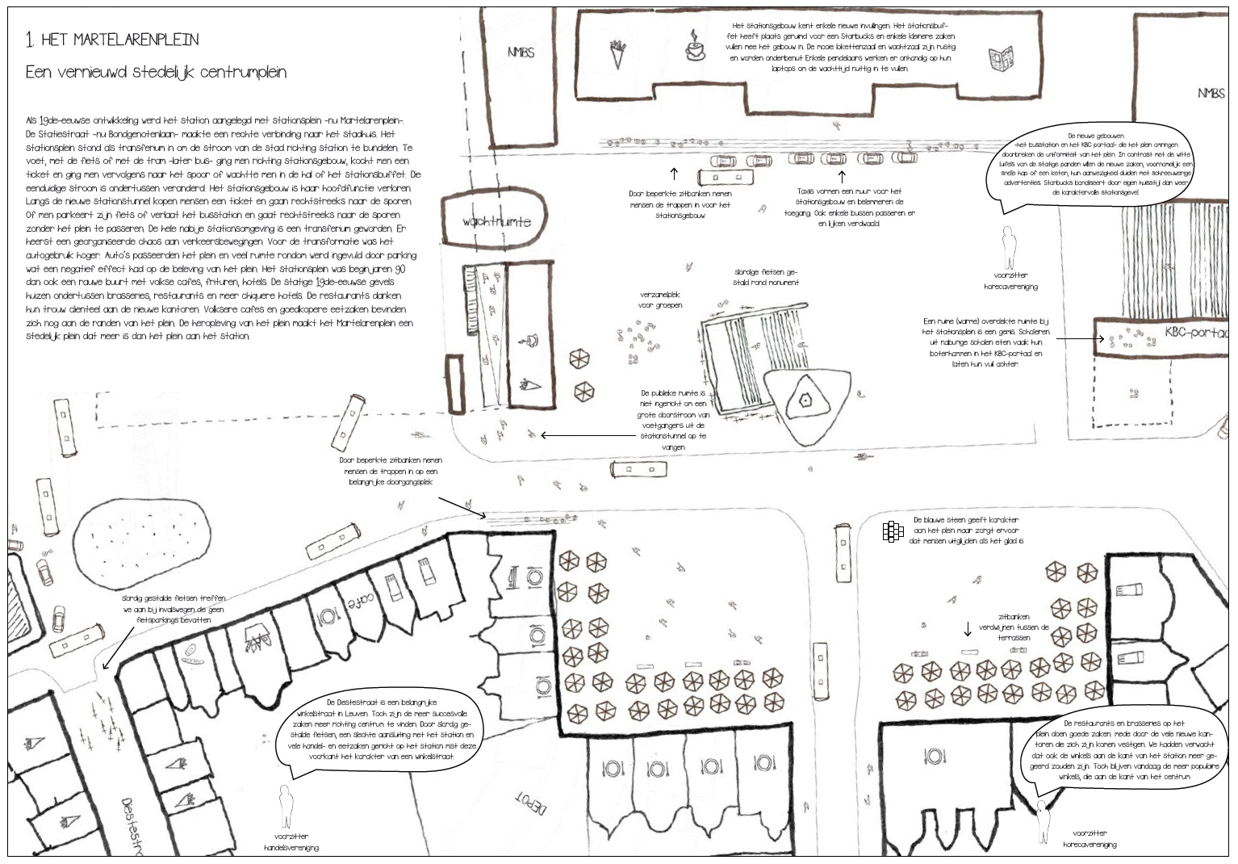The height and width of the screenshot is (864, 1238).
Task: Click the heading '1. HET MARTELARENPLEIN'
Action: tap(112, 40)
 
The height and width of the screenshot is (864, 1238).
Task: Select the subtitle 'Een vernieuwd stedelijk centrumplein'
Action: tap(156, 72)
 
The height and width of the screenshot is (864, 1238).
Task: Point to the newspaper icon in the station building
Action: tap(1002, 59)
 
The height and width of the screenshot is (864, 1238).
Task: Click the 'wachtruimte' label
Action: tap(496, 221)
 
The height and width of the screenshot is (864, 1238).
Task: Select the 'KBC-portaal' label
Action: tap(1195, 332)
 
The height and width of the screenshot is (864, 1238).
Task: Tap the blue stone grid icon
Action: tap(892, 531)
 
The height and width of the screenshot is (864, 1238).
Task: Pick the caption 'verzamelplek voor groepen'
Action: tap(660, 300)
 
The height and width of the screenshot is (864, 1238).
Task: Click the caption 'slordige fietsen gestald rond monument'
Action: tap(766, 277)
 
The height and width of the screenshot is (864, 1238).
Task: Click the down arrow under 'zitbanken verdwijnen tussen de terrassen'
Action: tap(968, 629)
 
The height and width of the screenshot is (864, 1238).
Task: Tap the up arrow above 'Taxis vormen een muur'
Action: tap(842, 175)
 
